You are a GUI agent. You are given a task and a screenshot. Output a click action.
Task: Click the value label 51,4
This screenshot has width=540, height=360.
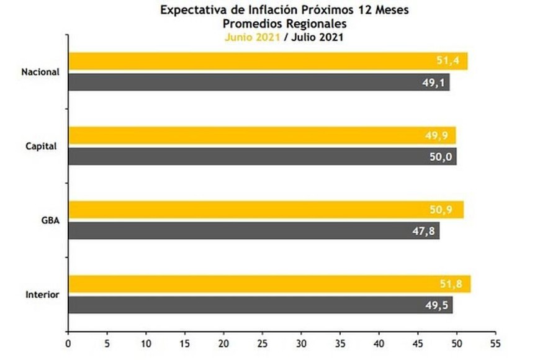[x=448, y=61]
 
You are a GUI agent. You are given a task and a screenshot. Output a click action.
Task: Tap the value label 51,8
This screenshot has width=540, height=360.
[x=451, y=284]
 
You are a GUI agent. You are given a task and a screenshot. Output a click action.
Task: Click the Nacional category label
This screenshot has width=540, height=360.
[x=40, y=72]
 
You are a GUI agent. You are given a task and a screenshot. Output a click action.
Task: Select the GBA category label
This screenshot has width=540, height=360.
[x=51, y=221]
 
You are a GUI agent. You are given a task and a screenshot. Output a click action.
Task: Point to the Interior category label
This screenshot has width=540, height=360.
[x=43, y=295]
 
